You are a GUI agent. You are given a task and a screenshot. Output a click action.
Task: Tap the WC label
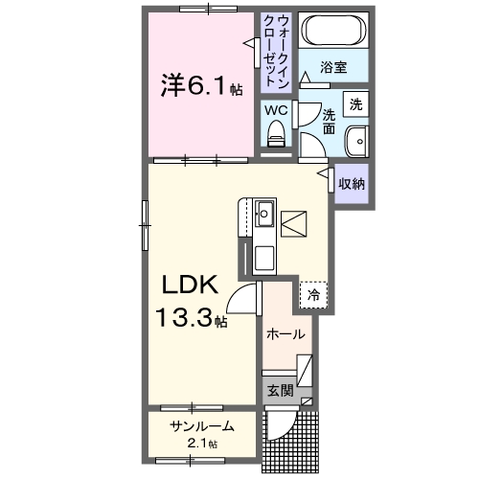[x=276, y=110]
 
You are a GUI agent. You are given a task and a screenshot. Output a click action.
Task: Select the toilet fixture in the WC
[x=277, y=137]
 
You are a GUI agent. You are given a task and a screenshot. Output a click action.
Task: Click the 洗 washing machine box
[x=355, y=103]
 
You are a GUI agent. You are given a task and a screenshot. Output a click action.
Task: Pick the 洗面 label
[x=329, y=121]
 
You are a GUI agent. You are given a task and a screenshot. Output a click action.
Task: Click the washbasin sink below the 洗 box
[x=357, y=140]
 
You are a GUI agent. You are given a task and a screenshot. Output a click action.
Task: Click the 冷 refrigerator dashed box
[x=313, y=295]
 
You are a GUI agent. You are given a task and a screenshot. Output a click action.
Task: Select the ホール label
[x=286, y=334]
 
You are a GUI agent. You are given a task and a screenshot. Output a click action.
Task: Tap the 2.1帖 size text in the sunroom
[x=202, y=444]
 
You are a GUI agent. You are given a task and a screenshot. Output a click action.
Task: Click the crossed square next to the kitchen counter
[x=293, y=222]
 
